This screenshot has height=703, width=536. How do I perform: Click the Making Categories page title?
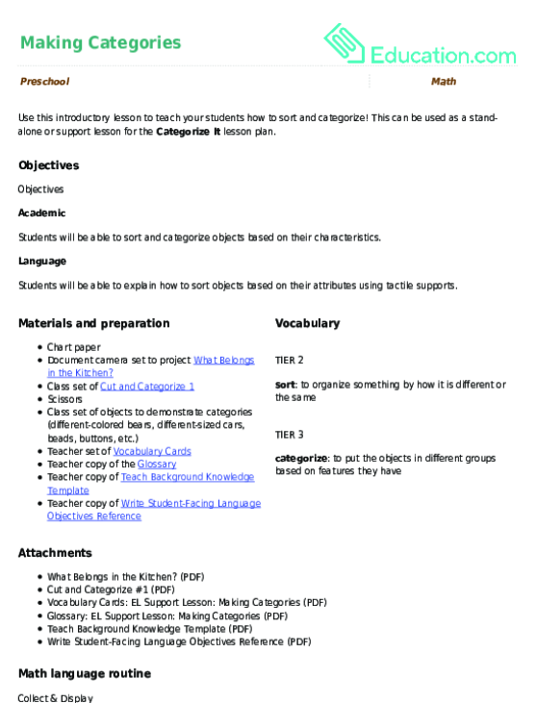(100, 42)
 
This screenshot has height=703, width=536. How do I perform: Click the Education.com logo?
(420, 44)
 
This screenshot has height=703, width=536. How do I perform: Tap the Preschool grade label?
(44, 82)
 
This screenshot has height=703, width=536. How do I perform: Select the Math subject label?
(444, 82)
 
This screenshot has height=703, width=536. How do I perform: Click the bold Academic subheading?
(42, 213)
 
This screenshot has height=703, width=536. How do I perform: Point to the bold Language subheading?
(42, 261)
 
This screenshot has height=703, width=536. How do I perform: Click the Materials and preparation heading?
(94, 323)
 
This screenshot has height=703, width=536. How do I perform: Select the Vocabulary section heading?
(307, 323)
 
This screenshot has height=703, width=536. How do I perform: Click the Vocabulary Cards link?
(152, 450)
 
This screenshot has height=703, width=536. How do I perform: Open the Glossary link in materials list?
(157, 464)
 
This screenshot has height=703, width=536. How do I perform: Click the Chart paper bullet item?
(73, 346)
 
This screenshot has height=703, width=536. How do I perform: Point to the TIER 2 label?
(289, 360)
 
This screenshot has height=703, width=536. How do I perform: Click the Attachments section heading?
(55, 553)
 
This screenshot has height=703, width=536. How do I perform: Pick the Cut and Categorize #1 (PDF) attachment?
(111, 590)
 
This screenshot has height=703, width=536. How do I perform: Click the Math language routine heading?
(83, 674)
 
